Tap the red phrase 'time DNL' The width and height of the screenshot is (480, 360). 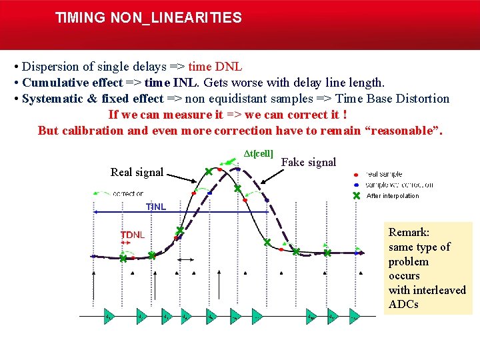point(215,67)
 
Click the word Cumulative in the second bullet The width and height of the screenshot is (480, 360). point(53,83)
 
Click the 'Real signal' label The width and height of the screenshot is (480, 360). point(137,172)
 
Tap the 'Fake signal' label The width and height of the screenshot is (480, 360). point(309,162)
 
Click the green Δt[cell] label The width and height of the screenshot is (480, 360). point(258,153)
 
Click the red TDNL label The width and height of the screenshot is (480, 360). point(132,235)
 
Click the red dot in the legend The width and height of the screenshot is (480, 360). point(357,174)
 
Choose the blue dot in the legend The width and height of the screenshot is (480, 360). point(357,185)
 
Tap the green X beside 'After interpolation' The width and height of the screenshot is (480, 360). point(357,195)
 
